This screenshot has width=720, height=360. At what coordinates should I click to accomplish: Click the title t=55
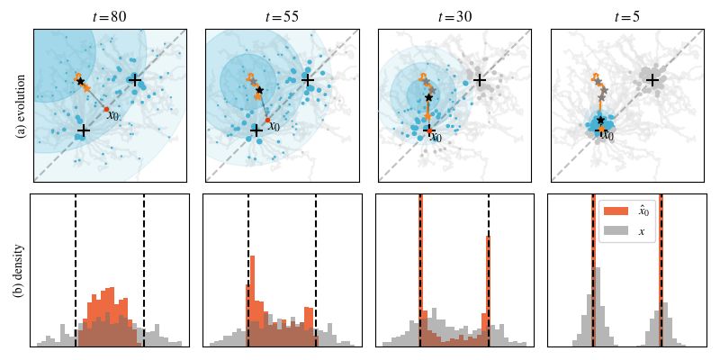[282, 16]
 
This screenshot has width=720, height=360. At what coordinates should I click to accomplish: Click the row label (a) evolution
[20, 105]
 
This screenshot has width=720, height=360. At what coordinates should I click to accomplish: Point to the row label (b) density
[20, 270]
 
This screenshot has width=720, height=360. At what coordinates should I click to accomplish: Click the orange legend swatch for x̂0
[616, 211]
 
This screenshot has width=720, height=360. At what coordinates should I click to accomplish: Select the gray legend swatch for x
[616, 231]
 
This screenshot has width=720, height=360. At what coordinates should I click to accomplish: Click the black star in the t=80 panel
[80, 82]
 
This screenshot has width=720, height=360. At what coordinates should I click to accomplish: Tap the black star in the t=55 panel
[259, 90]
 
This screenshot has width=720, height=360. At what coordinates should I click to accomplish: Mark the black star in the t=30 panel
[428, 97]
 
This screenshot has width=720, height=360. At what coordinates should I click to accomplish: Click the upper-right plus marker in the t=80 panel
[134, 80]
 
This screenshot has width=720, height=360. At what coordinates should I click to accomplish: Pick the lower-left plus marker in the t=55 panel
[256, 130]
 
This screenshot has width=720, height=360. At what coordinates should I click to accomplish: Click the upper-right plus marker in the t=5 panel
[652, 80]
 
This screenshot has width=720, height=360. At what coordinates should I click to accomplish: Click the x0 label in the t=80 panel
[112, 116]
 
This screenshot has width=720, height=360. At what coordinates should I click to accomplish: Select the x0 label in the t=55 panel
[274, 127]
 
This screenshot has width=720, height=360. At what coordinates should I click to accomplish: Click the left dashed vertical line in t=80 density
[76, 270]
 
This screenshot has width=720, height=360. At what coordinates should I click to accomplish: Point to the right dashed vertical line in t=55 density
[316, 270]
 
